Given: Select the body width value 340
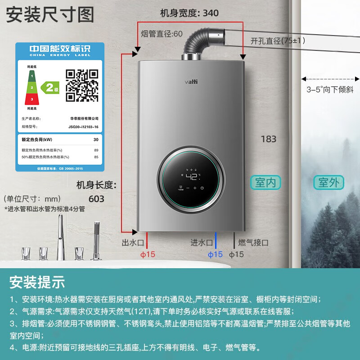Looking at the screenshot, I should click(x=210, y=13).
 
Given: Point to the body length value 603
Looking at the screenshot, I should click(x=96, y=198).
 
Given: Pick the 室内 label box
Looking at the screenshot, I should click(x=265, y=183).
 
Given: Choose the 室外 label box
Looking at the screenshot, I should click(x=328, y=183).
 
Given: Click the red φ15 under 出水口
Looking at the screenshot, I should click(x=148, y=255).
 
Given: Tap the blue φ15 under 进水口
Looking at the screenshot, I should click(x=215, y=255).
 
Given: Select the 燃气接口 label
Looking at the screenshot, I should click(x=253, y=243).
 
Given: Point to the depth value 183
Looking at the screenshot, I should click(x=269, y=139).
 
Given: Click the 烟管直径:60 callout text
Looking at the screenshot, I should click(x=162, y=34).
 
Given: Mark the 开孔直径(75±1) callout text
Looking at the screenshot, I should click(x=278, y=40).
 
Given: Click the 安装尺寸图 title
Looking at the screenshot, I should click(x=49, y=14).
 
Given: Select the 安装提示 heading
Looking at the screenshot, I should click(x=37, y=282).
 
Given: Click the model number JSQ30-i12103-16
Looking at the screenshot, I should click(x=83, y=127).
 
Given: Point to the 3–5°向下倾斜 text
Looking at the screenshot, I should click(x=328, y=89).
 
